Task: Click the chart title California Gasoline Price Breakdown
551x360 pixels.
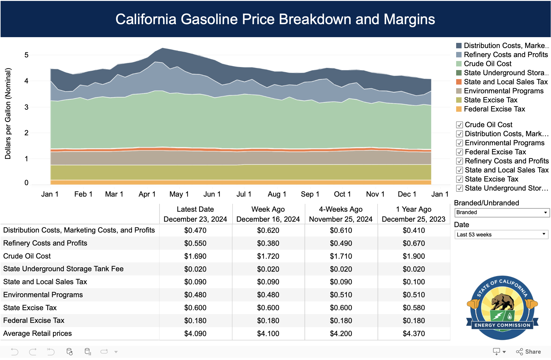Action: tap(275, 19)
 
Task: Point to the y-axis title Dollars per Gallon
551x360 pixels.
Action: tap(8, 114)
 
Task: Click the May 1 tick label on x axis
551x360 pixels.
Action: tap(179, 194)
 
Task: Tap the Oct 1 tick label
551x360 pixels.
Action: tap(342, 194)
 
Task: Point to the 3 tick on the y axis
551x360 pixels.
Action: tap(27, 107)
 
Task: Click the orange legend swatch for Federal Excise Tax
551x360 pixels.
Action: tap(459, 109)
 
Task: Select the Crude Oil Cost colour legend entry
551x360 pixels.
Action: tap(487, 64)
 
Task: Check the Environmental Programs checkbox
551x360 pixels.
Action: tap(459, 143)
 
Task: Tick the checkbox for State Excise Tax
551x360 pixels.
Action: tap(459, 179)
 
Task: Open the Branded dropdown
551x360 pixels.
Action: tap(501, 212)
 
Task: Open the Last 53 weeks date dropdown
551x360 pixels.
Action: tap(501, 235)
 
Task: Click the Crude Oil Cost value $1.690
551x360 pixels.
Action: tap(195, 256)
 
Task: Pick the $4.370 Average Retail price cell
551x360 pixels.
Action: tap(414, 334)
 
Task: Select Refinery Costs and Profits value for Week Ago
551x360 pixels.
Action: tap(268, 243)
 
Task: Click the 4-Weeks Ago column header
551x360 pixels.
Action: tap(340, 209)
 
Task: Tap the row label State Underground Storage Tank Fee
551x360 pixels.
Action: tap(63, 269)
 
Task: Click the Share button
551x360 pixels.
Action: tap(529, 352)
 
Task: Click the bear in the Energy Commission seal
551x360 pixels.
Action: tap(502, 301)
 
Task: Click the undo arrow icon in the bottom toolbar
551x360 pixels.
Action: tap(14, 352)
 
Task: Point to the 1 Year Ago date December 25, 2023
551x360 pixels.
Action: tap(414, 219)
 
